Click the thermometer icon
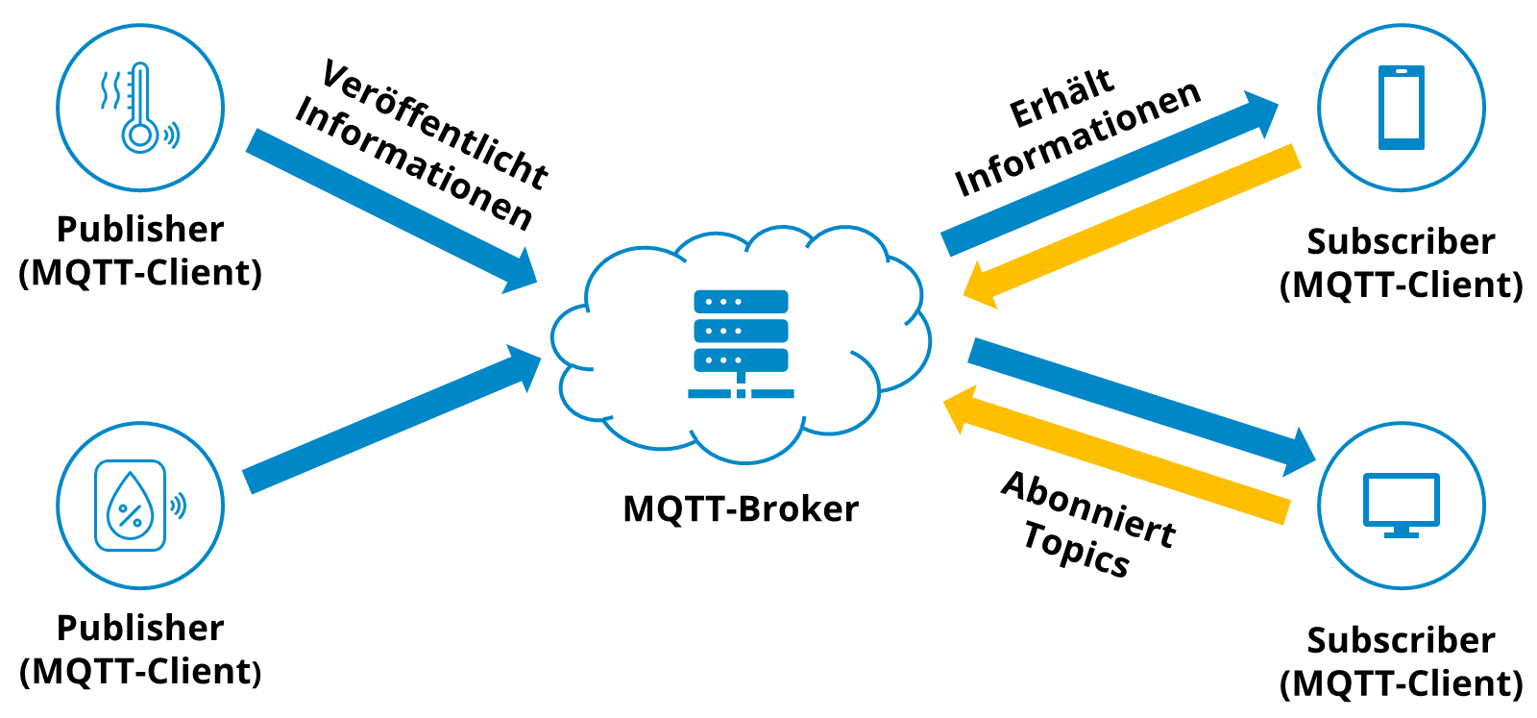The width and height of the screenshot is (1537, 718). click(x=139, y=108)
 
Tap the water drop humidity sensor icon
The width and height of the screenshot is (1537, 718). click(x=132, y=506)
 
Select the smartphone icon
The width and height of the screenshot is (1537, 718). click(x=1401, y=108)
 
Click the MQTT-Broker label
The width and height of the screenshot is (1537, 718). click(x=741, y=508)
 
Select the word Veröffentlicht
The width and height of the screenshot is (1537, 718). click(x=434, y=123)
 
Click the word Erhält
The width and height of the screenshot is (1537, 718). click(x=1061, y=98)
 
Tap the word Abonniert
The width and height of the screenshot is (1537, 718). click(x=1088, y=510)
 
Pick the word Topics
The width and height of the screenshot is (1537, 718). click(x=1076, y=549)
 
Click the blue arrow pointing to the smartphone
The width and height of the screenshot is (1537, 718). click(x=1105, y=176)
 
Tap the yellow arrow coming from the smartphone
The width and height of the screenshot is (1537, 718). click(x=1134, y=223)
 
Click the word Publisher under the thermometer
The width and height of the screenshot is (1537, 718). click(x=140, y=230)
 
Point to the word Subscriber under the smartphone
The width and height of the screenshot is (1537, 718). click(x=1401, y=242)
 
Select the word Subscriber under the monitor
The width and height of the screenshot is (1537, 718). click(x=1401, y=640)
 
